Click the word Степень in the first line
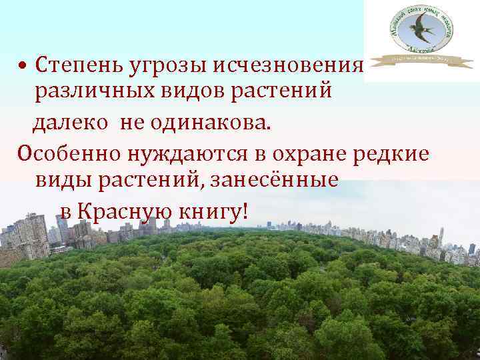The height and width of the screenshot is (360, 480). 70,66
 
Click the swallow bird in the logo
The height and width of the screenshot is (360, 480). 421,30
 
